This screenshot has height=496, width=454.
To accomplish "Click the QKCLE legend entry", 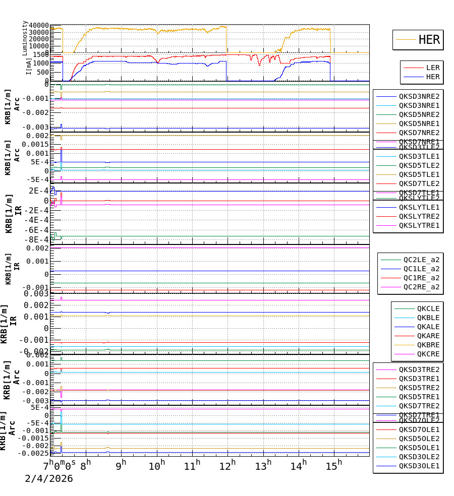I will (x=428, y=308).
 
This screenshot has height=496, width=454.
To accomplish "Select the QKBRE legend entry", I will (x=428, y=345).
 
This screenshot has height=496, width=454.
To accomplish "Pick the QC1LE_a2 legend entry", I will (x=421, y=269).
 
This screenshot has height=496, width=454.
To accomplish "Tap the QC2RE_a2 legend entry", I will (x=421, y=287).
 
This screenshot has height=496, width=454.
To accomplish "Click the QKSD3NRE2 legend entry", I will (x=419, y=96).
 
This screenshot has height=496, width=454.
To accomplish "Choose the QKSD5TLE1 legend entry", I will (x=419, y=174).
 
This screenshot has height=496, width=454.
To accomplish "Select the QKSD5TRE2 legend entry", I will (x=419, y=388).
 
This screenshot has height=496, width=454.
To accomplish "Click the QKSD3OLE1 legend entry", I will (x=419, y=466).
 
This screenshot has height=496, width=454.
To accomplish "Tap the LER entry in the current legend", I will (x=432, y=68).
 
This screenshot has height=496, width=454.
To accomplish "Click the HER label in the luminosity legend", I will (x=429, y=40).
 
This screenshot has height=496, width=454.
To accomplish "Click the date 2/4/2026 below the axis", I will (x=49, y=478).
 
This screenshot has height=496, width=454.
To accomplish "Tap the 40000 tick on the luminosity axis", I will (x=39, y=26).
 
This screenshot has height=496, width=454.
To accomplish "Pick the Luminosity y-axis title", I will (x=25, y=38).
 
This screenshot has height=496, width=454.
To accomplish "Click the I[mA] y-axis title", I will (x=29, y=67).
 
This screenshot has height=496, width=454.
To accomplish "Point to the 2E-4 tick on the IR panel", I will (x=38, y=191).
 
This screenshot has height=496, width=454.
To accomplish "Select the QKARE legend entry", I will (x=428, y=336).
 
